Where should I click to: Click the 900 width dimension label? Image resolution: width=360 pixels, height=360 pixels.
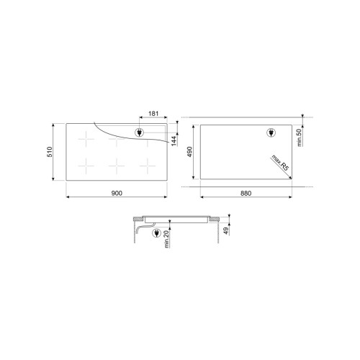coord(117,193)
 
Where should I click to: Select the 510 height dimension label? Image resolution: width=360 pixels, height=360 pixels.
coord(50,152)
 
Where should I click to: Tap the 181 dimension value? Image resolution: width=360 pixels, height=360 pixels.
coord(153,113)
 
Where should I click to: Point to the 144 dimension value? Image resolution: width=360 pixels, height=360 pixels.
coord(174,140)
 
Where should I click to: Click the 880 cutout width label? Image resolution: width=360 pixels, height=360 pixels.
coord(246,193)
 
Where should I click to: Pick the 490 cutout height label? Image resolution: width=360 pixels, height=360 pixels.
coord(189,152)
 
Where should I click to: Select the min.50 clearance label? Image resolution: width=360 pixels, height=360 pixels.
coord(299,138)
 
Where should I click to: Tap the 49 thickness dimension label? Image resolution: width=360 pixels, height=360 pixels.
coord(226,231)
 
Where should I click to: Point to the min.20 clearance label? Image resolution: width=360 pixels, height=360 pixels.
coord(167,239)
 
